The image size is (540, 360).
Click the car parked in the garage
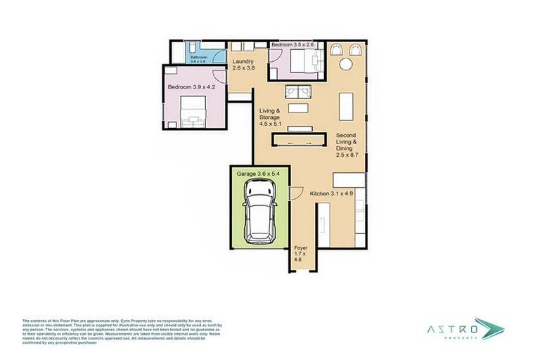(x=258, y=212)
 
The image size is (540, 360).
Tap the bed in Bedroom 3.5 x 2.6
(x=296, y=63)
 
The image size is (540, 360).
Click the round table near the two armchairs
(x=347, y=65)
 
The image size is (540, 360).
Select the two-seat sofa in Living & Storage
(x=298, y=92)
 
